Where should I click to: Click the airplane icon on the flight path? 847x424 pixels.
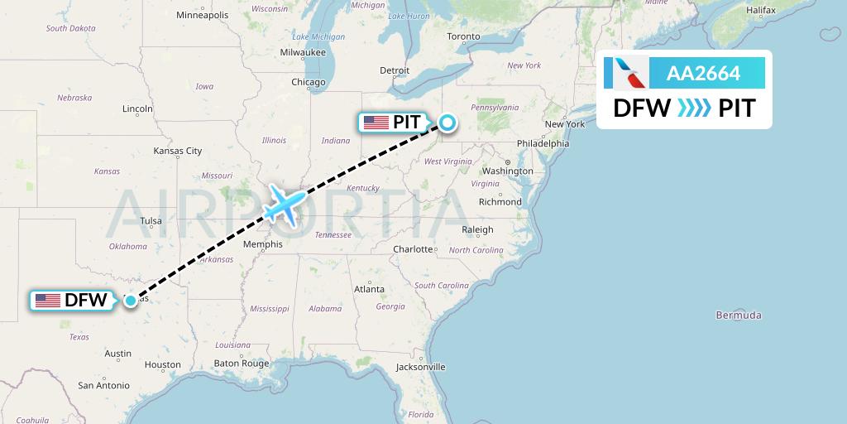[284, 204]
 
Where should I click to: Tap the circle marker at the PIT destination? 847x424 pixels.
[447, 123]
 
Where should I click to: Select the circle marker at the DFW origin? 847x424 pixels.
[131, 300]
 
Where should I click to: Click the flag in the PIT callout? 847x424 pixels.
[376, 123]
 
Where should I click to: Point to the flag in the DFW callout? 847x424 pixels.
[48, 300]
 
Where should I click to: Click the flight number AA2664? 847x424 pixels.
[703, 75]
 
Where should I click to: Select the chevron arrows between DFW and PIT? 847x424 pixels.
[693, 108]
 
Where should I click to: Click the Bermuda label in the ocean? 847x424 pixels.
[739, 316]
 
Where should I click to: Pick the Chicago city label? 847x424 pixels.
[308, 82]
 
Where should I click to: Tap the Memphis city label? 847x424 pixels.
[263, 244]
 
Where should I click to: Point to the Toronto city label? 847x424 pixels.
[463, 37]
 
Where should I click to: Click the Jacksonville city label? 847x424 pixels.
[420, 367]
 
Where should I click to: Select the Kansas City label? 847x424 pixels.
[178, 151]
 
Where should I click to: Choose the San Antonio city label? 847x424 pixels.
[103, 385]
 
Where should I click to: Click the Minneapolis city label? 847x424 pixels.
[202, 15]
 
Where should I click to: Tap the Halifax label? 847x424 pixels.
[760, 10]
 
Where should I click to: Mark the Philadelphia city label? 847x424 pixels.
[543, 143]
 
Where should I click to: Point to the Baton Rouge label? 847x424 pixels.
[242, 364]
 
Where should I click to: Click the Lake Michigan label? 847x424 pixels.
[318, 36]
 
